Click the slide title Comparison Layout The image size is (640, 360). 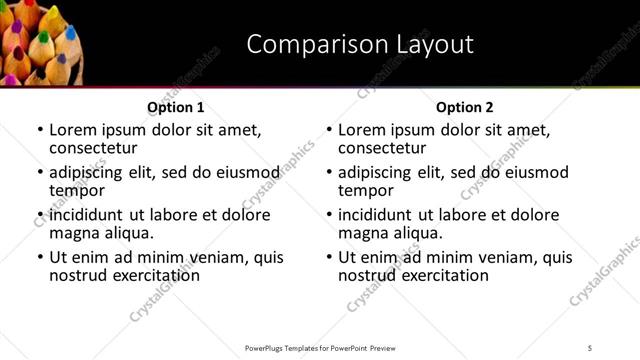(x=359, y=45)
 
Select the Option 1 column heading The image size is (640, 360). (x=176, y=107)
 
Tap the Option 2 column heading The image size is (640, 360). (x=465, y=107)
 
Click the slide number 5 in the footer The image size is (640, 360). (x=591, y=347)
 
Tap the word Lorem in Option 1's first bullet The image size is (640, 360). (x=72, y=130)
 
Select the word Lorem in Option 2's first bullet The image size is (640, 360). (x=361, y=130)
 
